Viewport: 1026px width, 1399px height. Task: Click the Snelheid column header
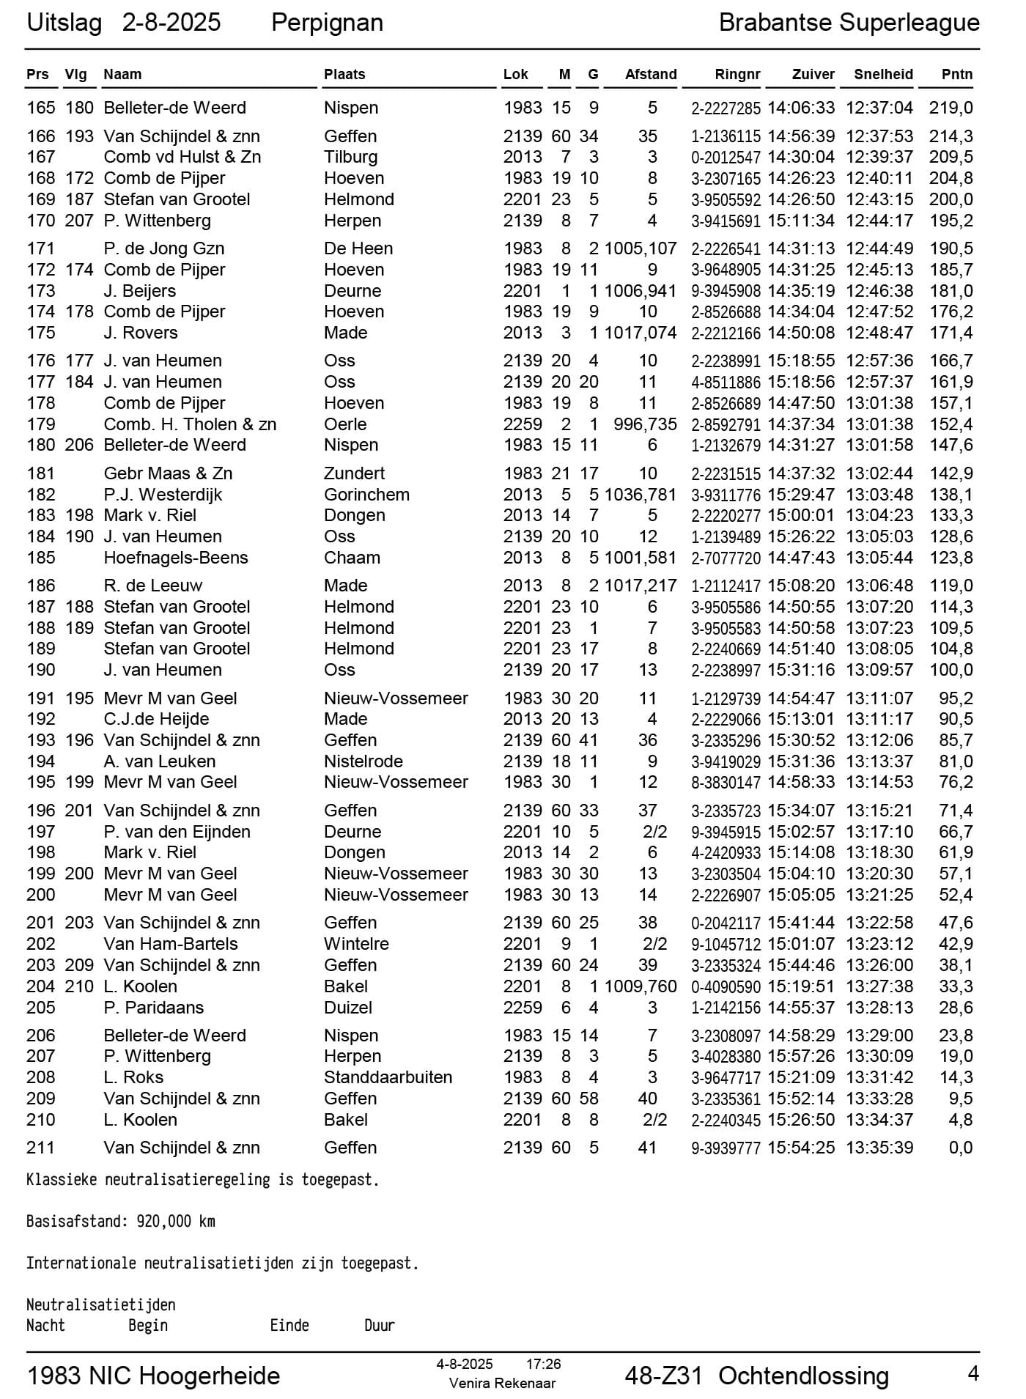coord(883,74)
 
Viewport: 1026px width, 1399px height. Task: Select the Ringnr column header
coord(737,74)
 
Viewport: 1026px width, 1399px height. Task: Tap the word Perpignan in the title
coord(327,23)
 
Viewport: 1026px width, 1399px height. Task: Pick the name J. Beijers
coord(139,291)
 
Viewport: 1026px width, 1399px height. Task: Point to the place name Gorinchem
coord(366,495)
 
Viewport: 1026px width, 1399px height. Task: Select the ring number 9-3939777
coord(726,1148)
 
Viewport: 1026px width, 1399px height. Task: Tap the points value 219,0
coord(951,108)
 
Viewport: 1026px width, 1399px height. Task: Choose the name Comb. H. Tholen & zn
coord(190,424)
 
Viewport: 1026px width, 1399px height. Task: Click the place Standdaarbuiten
coord(388,1077)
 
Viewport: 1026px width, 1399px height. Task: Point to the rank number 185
coord(41,558)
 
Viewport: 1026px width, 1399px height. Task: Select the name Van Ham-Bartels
coord(171,944)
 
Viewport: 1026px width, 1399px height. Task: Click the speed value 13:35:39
coord(879,1148)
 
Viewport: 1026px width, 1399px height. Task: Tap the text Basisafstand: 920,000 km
coord(121,1222)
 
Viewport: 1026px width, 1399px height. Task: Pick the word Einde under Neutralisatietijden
coord(289,1326)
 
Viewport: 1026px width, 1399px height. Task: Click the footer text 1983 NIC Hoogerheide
coord(153,1376)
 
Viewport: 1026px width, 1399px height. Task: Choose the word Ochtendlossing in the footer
coord(803,1376)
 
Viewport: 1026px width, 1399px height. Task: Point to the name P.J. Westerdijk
coord(163,495)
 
